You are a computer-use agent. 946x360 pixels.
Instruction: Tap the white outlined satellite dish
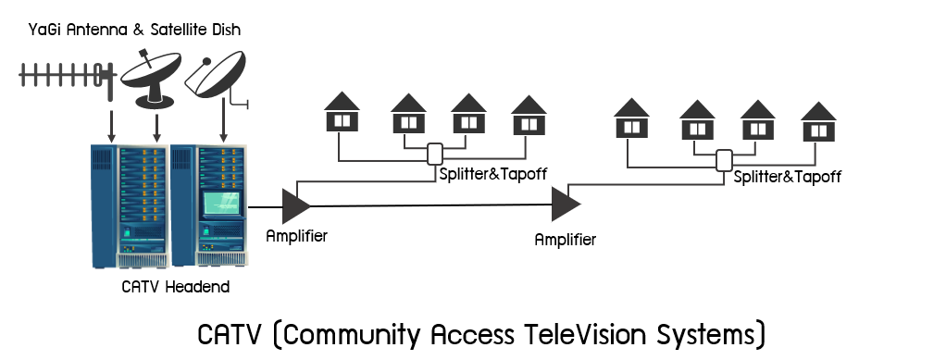pyautogui.click(x=218, y=74)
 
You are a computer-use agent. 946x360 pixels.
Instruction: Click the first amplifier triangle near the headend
pyautogui.click(x=295, y=205)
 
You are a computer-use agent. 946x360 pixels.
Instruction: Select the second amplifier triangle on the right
pyautogui.click(x=565, y=205)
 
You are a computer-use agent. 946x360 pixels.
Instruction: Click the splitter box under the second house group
pyautogui.click(x=725, y=161)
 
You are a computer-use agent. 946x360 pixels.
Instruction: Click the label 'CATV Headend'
pyautogui.click(x=175, y=288)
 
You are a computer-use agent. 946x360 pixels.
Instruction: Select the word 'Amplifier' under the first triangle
pyautogui.click(x=296, y=235)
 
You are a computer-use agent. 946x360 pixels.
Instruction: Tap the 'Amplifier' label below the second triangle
pyautogui.click(x=565, y=240)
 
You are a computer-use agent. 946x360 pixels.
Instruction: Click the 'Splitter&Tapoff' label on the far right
pyautogui.click(x=787, y=177)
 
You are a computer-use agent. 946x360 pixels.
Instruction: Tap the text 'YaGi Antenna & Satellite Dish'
pyautogui.click(x=135, y=31)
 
